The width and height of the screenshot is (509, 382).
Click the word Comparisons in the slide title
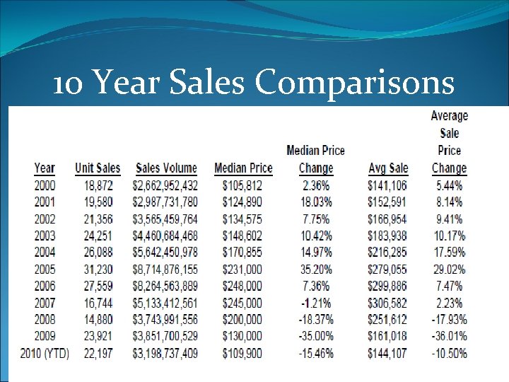(x=354, y=83)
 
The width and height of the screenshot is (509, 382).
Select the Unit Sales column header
(x=98, y=168)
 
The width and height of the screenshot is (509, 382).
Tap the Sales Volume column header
(x=167, y=168)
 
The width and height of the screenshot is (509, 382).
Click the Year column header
(x=44, y=168)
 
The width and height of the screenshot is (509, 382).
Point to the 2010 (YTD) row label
(x=44, y=353)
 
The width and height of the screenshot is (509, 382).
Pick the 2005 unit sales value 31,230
(x=98, y=270)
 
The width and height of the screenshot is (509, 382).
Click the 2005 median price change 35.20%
(x=315, y=270)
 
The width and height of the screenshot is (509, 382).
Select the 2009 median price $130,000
(x=243, y=336)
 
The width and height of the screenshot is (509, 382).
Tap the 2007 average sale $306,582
(x=388, y=303)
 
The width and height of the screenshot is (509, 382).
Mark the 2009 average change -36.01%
(x=449, y=336)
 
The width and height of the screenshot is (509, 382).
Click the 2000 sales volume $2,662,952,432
(x=165, y=186)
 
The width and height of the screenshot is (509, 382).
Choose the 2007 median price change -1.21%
(x=315, y=303)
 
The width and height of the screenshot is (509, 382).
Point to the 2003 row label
(x=44, y=236)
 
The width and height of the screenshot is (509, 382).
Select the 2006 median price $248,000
(x=243, y=286)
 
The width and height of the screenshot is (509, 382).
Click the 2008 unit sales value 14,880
(x=98, y=320)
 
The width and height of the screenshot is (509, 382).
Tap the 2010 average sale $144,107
(x=388, y=353)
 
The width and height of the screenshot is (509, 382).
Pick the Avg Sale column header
(x=388, y=168)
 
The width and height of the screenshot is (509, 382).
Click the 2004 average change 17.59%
(x=449, y=253)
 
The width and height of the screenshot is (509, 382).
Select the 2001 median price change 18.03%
(x=315, y=203)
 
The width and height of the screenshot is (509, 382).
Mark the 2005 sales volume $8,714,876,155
(x=165, y=270)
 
